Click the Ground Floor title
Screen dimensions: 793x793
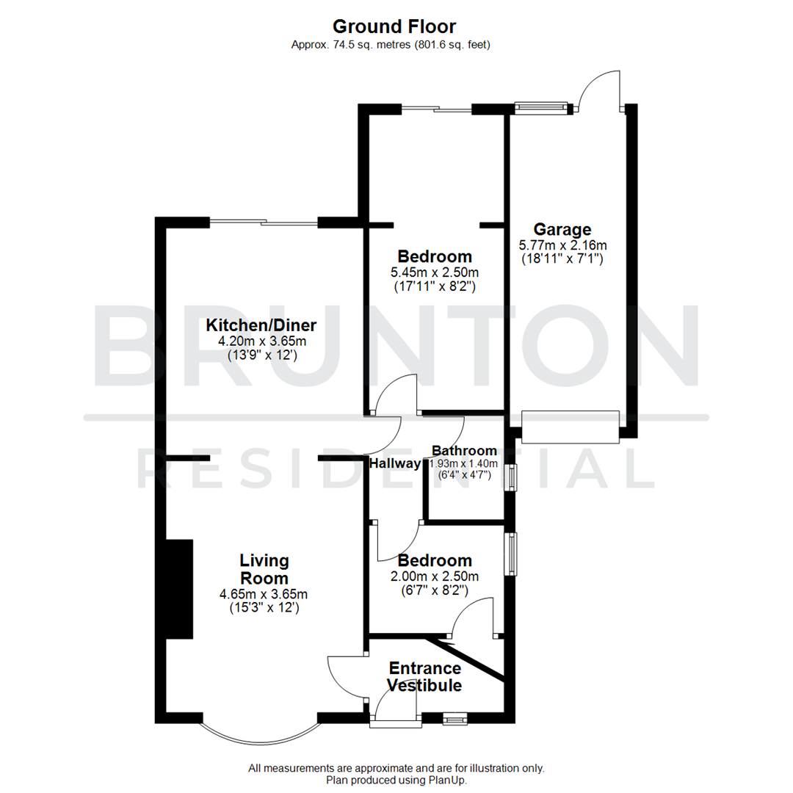tap(394, 26)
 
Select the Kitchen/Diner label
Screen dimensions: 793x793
tap(261, 325)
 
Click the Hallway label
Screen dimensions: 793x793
tap(395, 464)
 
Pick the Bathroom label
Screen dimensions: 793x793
tap(464, 451)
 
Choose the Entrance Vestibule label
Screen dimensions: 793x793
tap(424, 677)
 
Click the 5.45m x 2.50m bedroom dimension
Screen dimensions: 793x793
tap(434, 272)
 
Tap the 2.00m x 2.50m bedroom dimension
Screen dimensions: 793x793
tap(435, 576)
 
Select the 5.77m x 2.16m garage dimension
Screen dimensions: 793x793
tap(562, 245)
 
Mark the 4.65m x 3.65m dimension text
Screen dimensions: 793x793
tap(264, 594)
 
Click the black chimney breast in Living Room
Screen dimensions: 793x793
tap(179, 589)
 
